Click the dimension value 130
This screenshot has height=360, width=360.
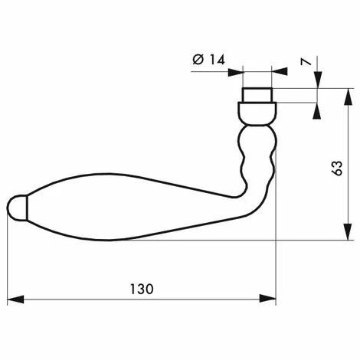(x=142, y=290)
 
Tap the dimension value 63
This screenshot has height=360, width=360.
(x=337, y=168)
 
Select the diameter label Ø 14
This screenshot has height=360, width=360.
(x=209, y=60)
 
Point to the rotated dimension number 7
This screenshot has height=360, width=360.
(x=306, y=62)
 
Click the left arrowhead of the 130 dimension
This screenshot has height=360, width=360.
(x=15, y=299)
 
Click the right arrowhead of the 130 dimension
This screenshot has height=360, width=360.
(x=268, y=299)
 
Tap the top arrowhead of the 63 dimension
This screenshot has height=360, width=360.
(x=348, y=97)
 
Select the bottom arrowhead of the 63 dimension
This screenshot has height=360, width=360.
(x=348, y=231)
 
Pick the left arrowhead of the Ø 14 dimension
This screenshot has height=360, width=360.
(x=236, y=72)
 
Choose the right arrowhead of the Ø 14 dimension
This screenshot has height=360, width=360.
(x=280, y=71)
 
